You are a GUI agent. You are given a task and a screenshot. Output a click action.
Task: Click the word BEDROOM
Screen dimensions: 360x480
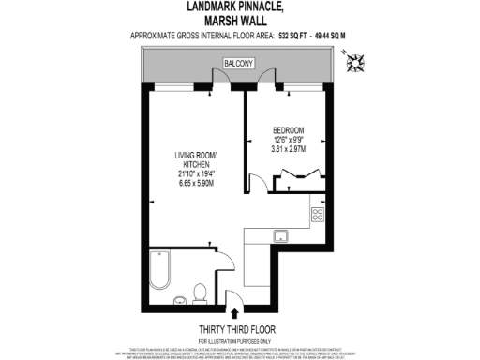(288, 129)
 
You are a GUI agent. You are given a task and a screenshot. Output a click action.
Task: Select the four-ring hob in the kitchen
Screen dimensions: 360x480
(317, 213)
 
